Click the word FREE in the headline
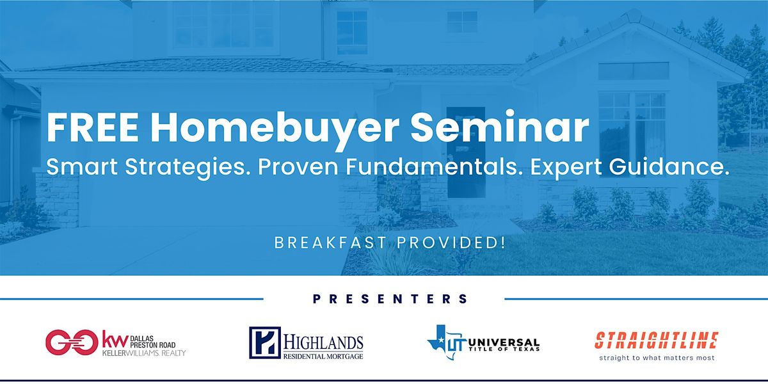point(93,127)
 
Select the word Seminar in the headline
point(500,126)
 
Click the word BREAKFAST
point(330,243)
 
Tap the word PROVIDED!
point(451,243)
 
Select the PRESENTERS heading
point(390,299)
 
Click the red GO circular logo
point(72,342)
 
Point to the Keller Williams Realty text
point(144,353)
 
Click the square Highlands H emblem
point(265,342)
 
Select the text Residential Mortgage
point(323,356)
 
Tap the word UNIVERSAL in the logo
point(504,342)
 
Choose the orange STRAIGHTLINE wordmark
point(657,340)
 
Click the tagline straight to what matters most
point(657,358)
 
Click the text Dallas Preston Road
point(152,342)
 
